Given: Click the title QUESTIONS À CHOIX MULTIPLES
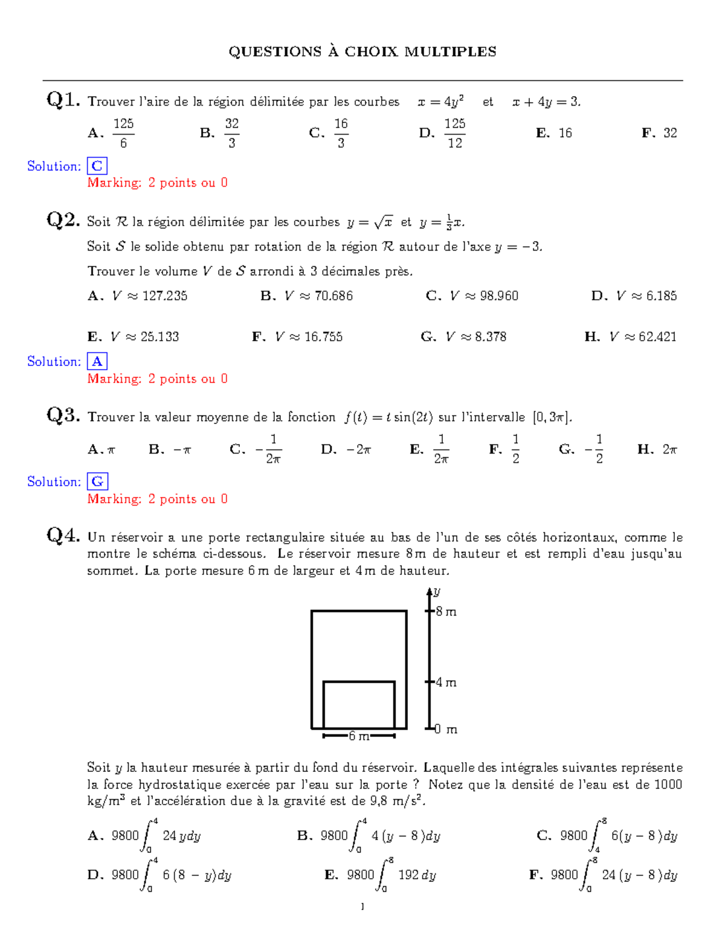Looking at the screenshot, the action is tap(362, 52).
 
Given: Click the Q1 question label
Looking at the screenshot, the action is tap(63, 100).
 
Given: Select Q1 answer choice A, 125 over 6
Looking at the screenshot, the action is tap(112, 133).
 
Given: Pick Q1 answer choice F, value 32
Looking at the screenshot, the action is tap(660, 133).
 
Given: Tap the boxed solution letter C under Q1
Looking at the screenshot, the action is tap(97, 166).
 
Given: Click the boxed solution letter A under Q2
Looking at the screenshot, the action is tap(97, 361).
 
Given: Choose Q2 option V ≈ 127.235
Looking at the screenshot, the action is tap(138, 296).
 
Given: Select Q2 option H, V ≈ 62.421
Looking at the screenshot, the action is tap(631, 337).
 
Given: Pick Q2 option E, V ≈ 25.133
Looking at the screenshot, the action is tap(134, 337).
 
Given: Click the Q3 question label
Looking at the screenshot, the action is tap(63, 415).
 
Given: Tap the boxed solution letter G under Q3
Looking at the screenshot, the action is tap(97, 481).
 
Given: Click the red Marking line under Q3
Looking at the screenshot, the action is tap(157, 499).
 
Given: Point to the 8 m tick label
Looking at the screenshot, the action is tap(446, 612).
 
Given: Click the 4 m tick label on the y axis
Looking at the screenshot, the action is tap(446, 683).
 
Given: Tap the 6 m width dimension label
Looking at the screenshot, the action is tap(359, 736).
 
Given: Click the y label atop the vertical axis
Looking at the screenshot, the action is tap(437, 591).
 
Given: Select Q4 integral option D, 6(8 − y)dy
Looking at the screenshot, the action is tap(160, 875).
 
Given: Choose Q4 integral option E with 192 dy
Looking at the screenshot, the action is tap(381, 875).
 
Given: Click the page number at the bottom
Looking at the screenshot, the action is tap(362, 906).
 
